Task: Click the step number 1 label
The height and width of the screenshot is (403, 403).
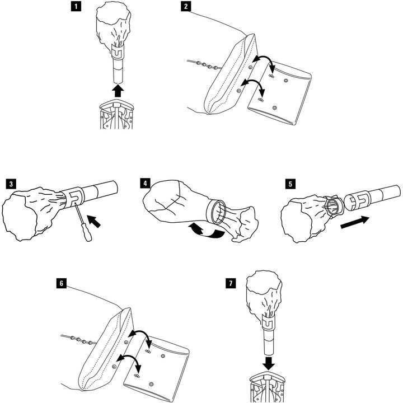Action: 76,6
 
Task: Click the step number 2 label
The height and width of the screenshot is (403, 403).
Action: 186,6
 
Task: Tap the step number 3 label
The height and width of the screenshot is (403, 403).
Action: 11,184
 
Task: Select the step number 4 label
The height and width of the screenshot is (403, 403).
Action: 146,184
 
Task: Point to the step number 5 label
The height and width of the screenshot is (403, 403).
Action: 290,184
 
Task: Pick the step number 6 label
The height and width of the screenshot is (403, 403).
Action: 61,283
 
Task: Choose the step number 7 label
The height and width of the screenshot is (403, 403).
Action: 231,283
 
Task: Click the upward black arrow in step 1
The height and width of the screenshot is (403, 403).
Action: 118,91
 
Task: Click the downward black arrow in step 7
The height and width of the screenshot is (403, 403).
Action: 269,363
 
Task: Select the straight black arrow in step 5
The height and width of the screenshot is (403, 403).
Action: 355,222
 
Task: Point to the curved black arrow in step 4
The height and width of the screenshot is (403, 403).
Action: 205,231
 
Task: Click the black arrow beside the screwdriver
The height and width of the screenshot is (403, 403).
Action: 94,221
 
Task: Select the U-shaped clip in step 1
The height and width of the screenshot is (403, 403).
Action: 118,51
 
